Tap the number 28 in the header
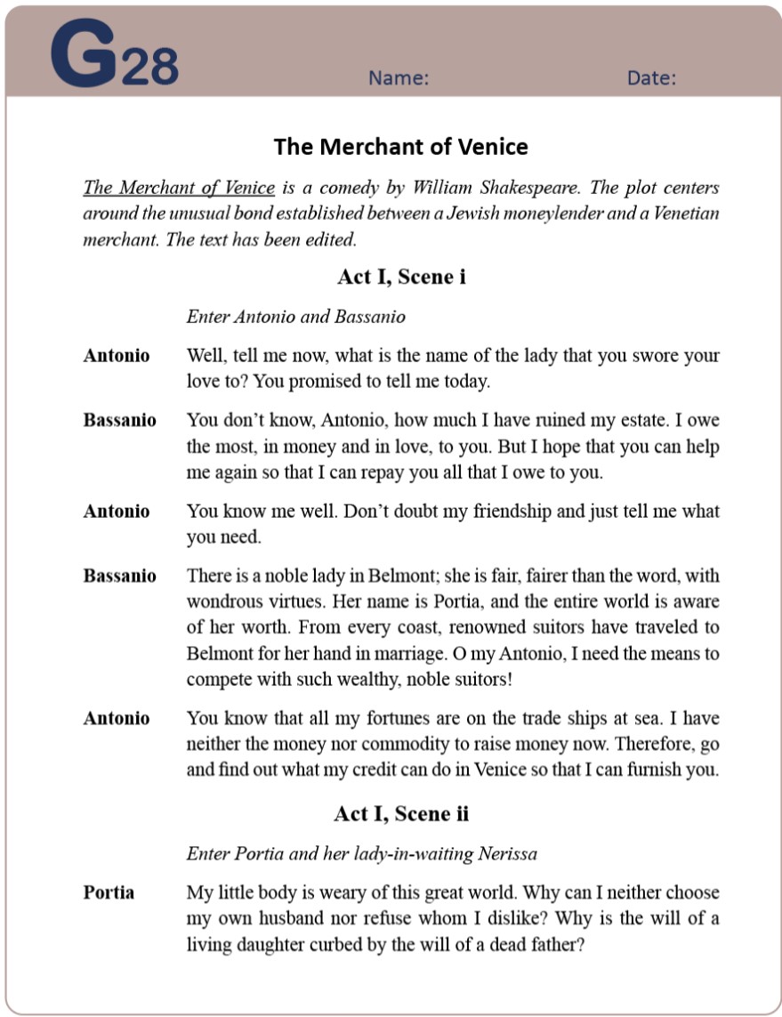149,66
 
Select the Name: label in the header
399,78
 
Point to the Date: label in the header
651,78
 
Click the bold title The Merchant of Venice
400,147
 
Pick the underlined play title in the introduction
179,188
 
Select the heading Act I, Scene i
400,277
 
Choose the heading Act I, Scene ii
400,813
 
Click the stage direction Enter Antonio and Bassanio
295,317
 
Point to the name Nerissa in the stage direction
507,854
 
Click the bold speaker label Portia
109,892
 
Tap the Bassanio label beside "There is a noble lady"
119,576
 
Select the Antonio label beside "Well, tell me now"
117,355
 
